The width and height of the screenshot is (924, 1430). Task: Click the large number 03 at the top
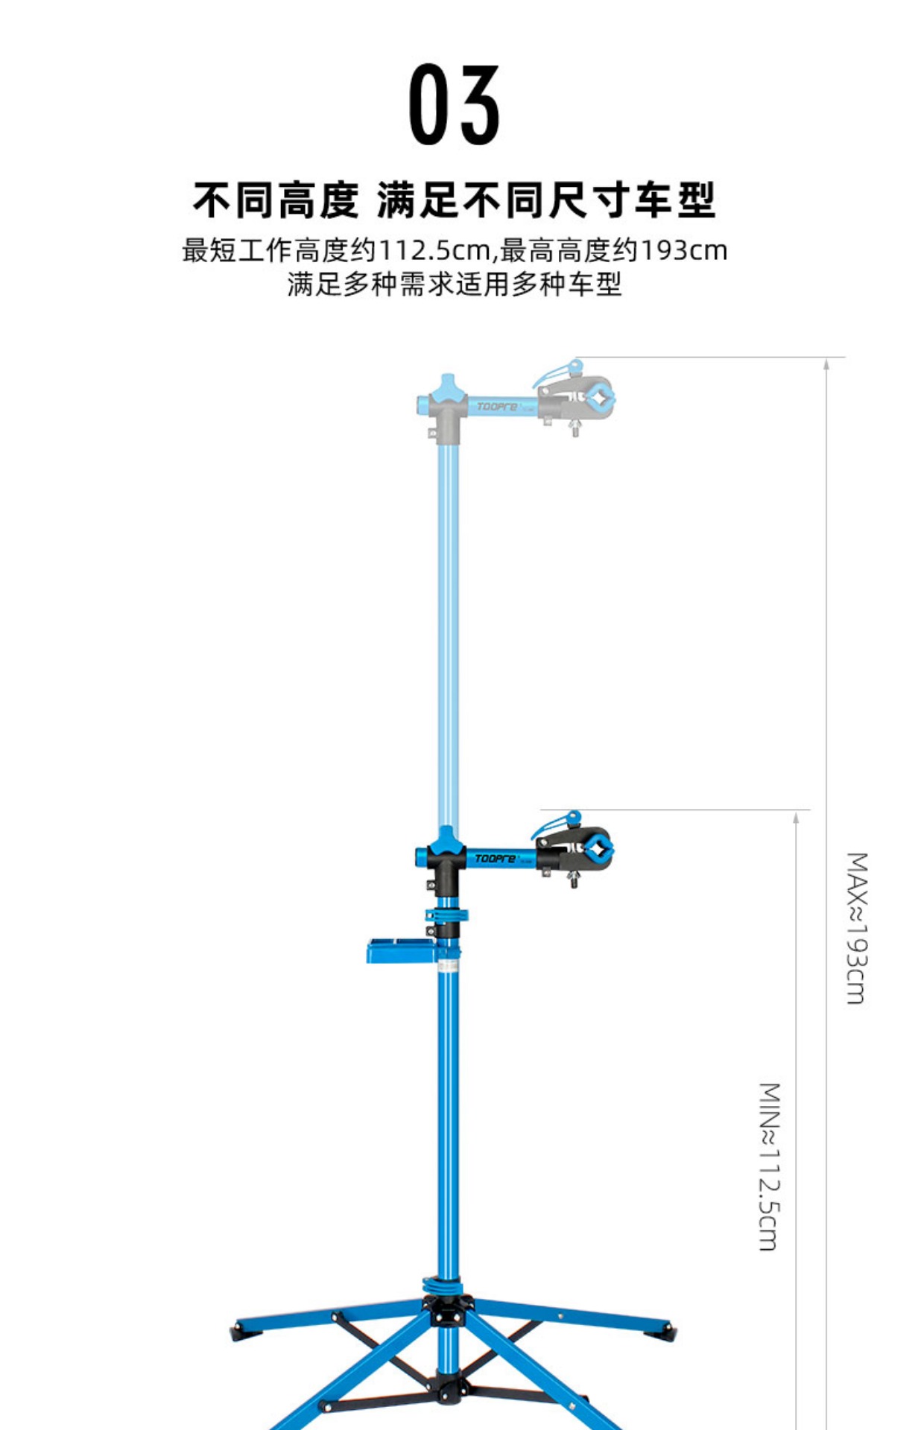coord(454,105)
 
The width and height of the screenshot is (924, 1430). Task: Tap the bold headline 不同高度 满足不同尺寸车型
coord(454,200)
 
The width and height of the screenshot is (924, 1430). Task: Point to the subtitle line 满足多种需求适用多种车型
coord(454,285)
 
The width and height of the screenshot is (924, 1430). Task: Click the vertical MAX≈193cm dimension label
coord(857,928)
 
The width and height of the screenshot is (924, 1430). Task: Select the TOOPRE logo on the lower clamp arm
coord(496,859)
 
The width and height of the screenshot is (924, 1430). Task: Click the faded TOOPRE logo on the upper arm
coord(497,407)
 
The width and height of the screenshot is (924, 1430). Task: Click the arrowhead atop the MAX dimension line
coord(826,364)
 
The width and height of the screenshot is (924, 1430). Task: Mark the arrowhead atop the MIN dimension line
coord(796,817)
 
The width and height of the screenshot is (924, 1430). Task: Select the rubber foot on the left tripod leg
coord(237,1329)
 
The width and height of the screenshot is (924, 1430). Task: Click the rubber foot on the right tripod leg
coord(670,1329)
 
